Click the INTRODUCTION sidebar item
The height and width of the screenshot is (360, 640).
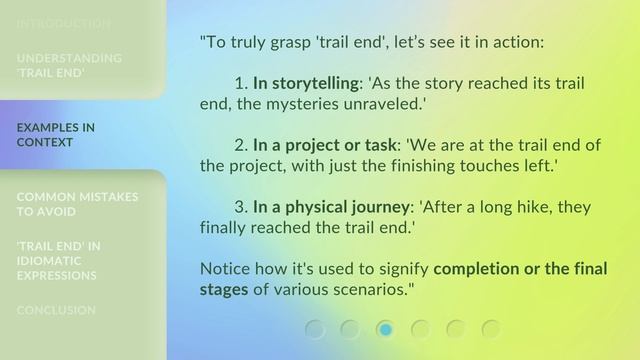[63, 23]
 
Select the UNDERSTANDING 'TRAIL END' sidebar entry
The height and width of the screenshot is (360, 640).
[69, 65]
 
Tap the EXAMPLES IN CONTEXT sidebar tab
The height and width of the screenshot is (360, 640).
[56, 135]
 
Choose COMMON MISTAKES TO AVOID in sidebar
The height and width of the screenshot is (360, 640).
[77, 204]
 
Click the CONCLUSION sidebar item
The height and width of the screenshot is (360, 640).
[56, 310]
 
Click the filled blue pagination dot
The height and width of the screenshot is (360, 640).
[385, 329]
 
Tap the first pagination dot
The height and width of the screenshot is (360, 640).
[315, 329]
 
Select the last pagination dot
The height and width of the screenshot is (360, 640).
[491, 329]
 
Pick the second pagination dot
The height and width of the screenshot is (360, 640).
[350, 329]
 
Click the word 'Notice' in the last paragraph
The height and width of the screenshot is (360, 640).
[226, 269]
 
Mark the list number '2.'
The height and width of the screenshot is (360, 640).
[241, 145]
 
